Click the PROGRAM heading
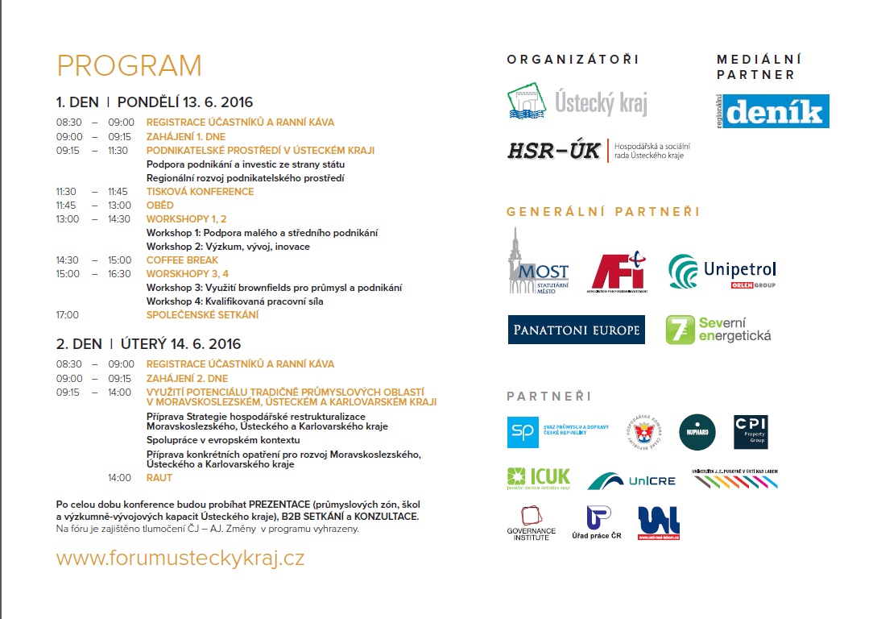tap(129, 66)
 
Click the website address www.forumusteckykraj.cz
tap(180, 558)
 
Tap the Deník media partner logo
tap(773, 111)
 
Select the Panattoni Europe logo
tap(576, 330)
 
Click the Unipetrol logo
tap(722, 272)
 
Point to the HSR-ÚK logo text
tap(554, 151)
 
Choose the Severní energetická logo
tap(718, 330)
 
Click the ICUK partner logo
tap(538, 479)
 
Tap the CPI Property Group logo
tap(751, 431)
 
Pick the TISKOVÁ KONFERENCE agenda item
tap(200, 192)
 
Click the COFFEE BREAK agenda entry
tap(182, 260)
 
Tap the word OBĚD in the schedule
tap(159, 206)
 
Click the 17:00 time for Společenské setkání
tap(68, 315)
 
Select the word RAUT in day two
tap(159, 478)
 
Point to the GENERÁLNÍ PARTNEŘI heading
tap(603, 212)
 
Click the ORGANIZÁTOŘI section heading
tap(573, 60)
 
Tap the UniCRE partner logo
tap(631, 480)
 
